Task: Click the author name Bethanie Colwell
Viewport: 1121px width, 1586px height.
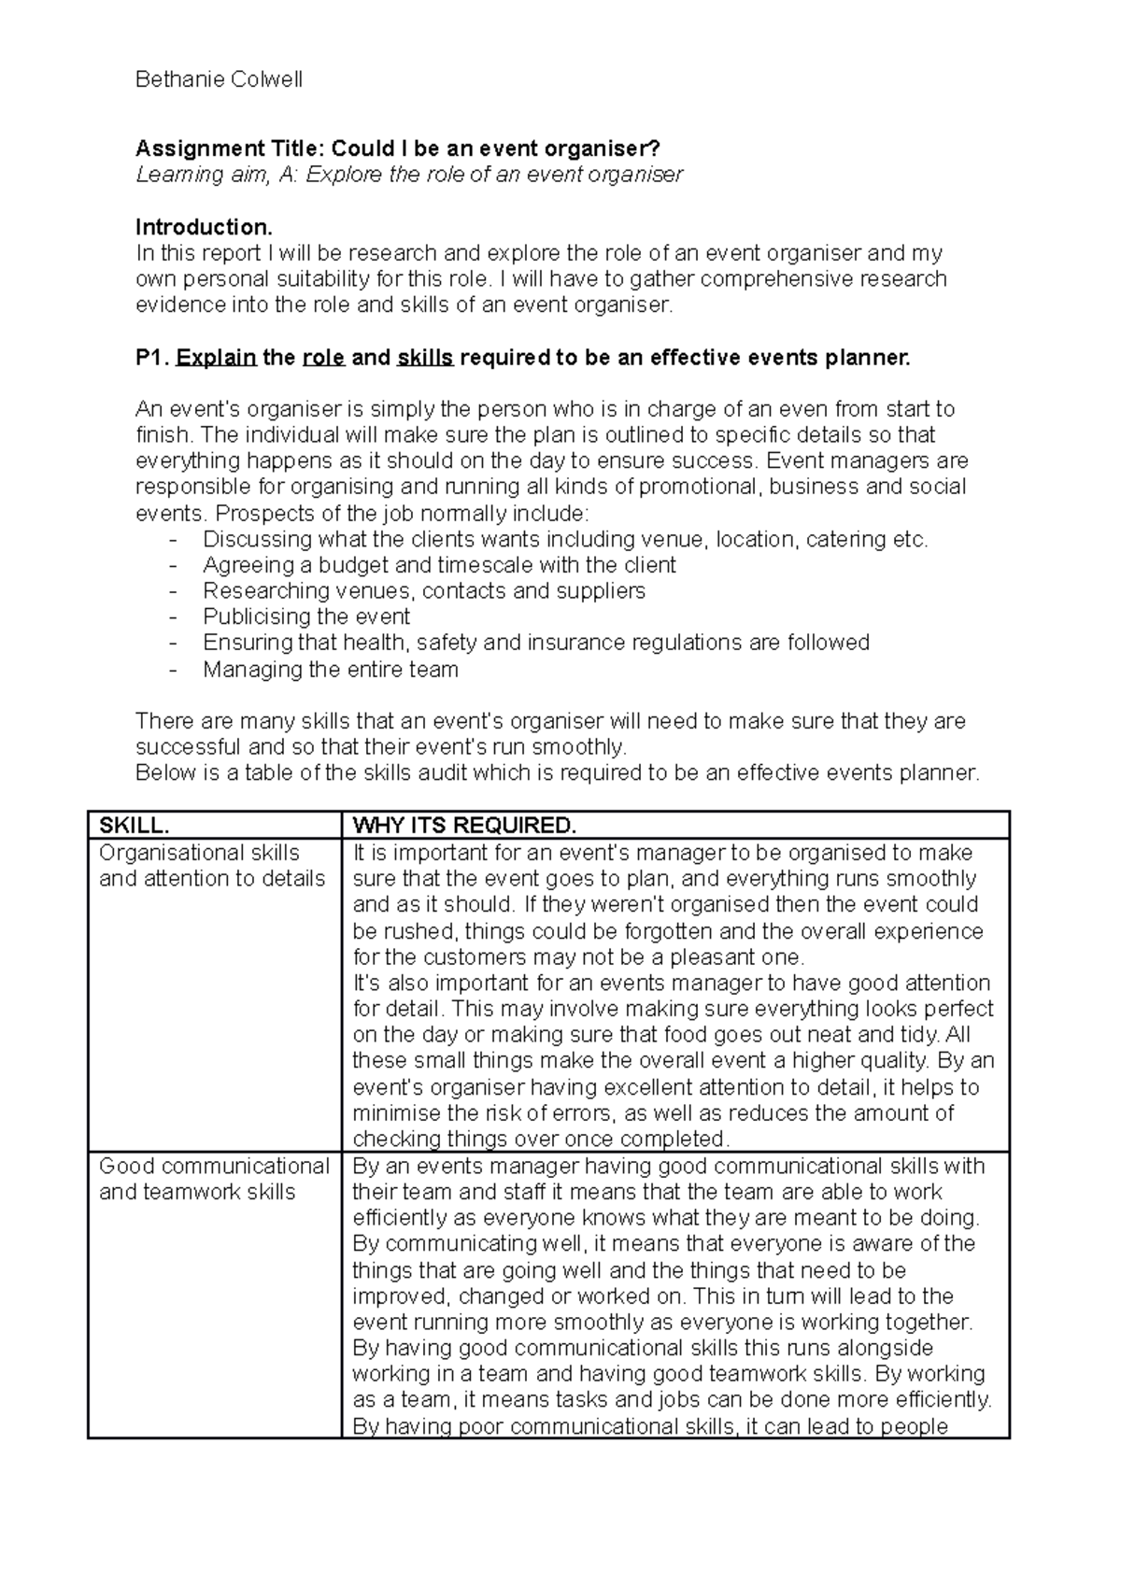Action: point(219,80)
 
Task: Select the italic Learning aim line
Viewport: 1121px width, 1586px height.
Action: point(409,175)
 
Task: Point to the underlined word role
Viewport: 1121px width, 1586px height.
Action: point(323,358)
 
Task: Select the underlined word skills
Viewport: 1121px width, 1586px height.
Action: point(425,358)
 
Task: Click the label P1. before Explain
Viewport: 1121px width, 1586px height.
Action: point(152,358)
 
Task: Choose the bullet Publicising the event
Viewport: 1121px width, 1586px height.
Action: point(306,617)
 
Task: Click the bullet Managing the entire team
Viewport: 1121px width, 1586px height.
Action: point(331,670)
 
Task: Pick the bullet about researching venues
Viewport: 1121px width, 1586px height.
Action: point(424,591)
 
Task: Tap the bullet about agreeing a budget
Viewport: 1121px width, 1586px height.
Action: point(439,565)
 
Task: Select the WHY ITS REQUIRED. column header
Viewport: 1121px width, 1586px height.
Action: point(464,826)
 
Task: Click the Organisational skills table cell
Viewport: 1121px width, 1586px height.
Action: point(212,866)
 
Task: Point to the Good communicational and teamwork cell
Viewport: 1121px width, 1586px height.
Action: point(214,1179)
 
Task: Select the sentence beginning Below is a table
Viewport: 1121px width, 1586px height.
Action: point(558,773)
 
